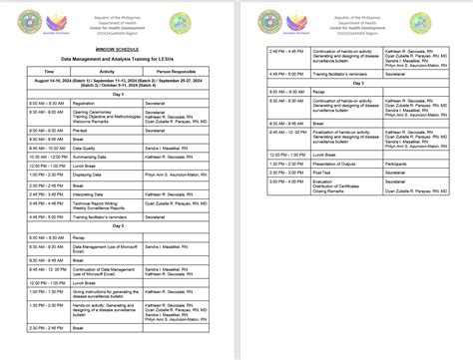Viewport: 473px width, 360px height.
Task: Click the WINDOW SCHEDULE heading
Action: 117,47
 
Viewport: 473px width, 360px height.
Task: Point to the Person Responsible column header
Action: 177,71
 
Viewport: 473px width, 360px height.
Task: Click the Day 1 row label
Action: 118,93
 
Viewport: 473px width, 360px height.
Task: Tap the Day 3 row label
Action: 355,81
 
